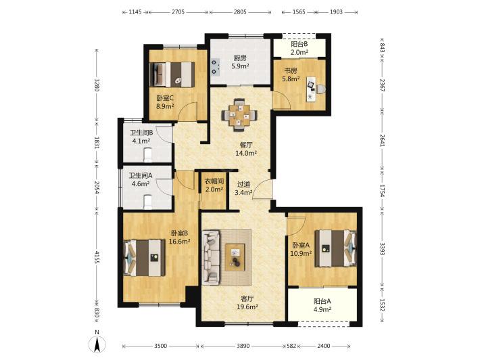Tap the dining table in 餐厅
click(x=240, y=115)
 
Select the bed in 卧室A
click(x=336, y=248)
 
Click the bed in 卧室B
click(x=144, y=257)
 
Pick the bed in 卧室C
click(x=172, y=74)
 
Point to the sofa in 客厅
click(x=211, y=256)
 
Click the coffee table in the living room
click(x=235, y=257)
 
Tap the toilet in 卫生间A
click(x=148, y=202)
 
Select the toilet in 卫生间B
click(x=148, y=155)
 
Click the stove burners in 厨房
click(x=215, y=67)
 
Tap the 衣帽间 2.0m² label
click(x=214, y=185)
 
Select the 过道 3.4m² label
click(x=243, y=188)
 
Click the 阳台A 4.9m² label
click(x=322, y=305)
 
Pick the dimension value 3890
click(x=243, y=346)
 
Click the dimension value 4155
click(x=97, y=257)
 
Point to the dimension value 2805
click(x=240, y=12)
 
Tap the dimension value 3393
click(x=382, y=248)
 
